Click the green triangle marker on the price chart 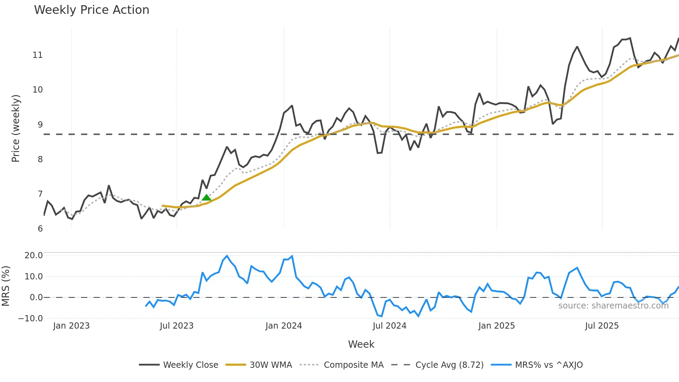206,198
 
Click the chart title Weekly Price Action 91,10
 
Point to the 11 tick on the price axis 37,55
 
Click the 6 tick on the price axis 40,229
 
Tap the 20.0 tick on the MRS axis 34,255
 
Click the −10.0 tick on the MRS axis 30,319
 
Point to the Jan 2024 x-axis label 284,326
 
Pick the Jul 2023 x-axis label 177,326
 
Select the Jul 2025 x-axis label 602,326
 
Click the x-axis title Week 361,344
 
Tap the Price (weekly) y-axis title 16,128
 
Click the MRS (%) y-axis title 6,286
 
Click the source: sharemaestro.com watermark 613,306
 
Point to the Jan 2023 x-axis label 71,326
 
